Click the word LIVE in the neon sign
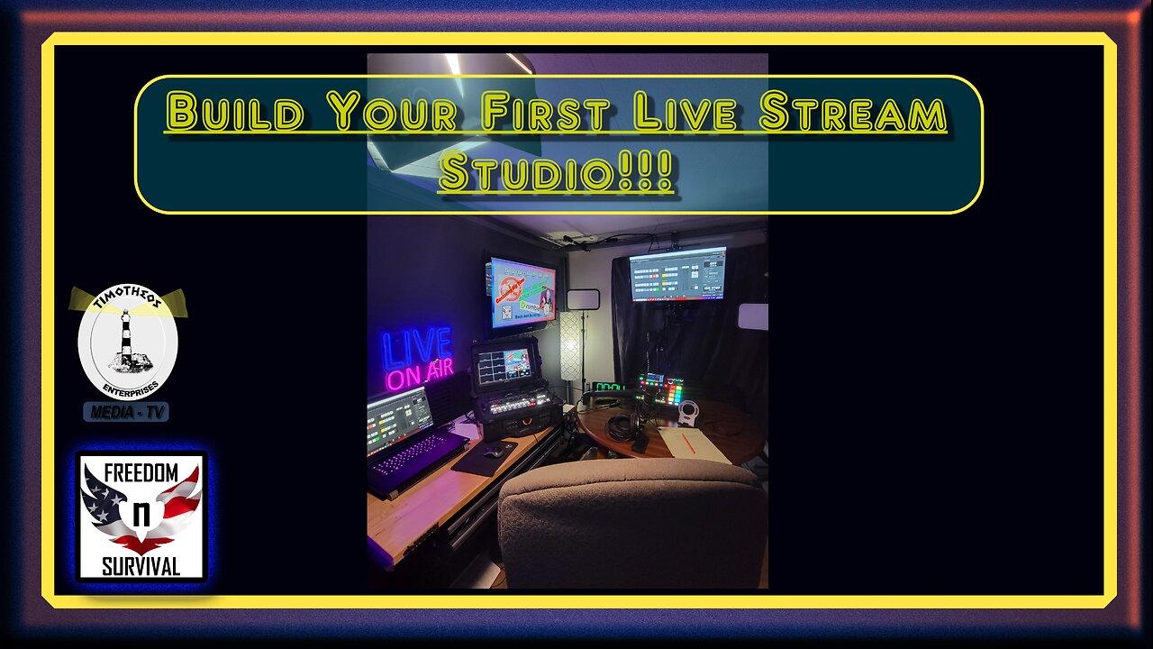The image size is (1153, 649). pos(416,346)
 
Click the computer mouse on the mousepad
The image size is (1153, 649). pos(494,452)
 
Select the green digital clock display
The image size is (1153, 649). pos(609,388)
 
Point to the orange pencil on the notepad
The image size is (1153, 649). pos(690,442)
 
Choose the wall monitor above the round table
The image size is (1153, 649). pos(677,273)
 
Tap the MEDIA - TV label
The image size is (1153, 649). pos(126,412)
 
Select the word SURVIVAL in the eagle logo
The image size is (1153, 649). pos(141,566)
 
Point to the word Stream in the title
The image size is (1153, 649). pos(851,114)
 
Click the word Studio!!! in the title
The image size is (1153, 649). pos(556,172)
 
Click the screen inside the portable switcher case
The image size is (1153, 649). pos(503,367)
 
